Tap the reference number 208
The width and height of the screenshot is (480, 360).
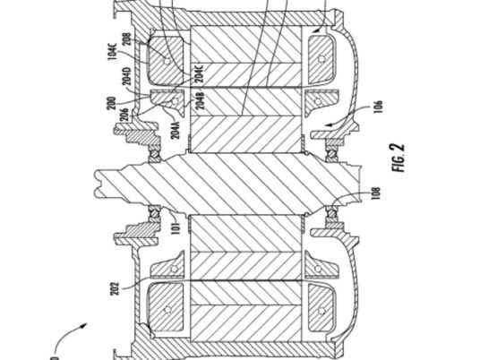[x=127, y=39]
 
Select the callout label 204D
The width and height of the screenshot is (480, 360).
[x=127, y=75]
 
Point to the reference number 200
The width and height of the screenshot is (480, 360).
[x=113, y=103]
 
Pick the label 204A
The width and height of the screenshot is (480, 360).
[x=176, y=130]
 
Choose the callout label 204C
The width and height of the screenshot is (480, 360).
[x=199, y=73]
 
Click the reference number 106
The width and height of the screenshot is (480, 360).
[x=379, y=107]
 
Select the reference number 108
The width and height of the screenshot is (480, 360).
[x=375, y=193]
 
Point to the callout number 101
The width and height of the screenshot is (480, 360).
[x=176, y=227]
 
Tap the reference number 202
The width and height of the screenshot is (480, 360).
[x=116, y=288]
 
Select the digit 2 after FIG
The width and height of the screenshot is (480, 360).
[x=399, y=148]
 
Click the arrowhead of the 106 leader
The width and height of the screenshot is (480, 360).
[x=330, y=124]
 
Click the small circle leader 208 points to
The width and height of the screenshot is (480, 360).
[x=167, y=62]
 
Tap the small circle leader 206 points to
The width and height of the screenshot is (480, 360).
[x=176, y=101]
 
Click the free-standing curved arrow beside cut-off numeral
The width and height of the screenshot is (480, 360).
[x=70, y=336]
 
